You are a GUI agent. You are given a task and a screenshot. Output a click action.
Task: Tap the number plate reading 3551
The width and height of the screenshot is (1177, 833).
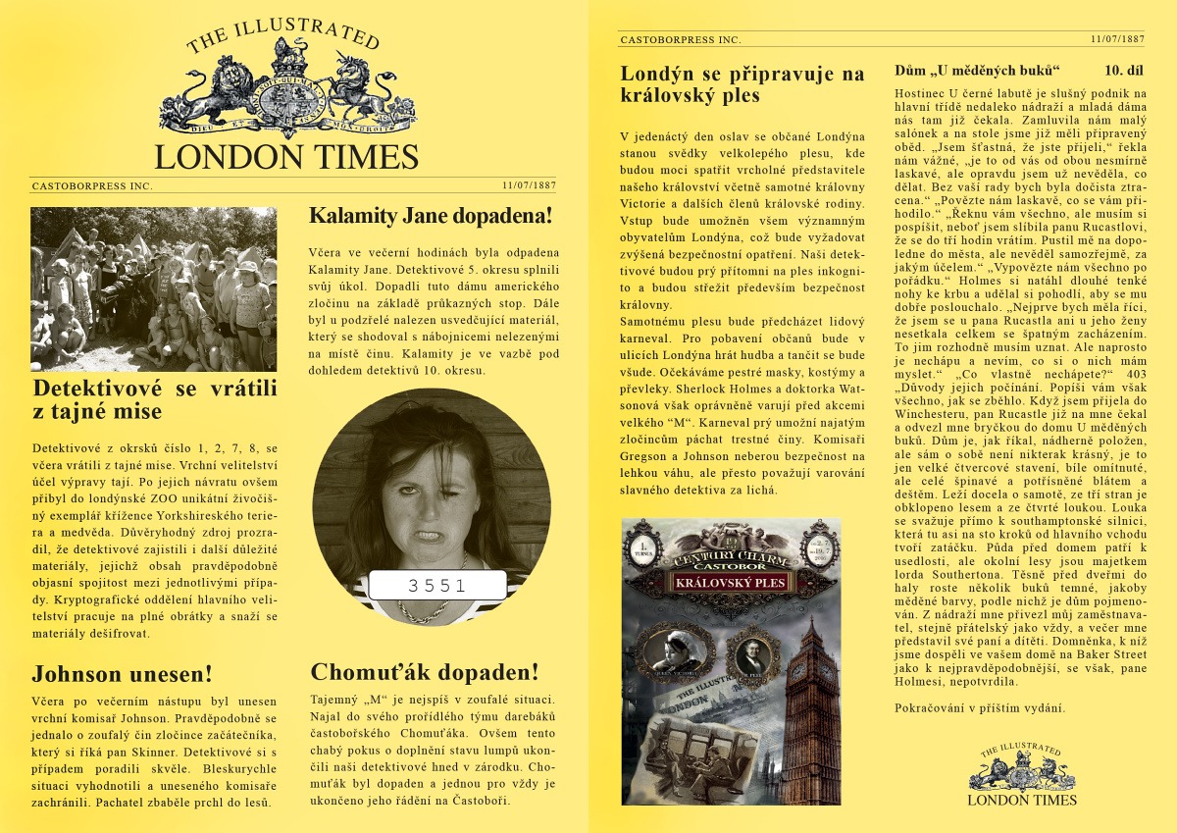pyautogui.click(x=438, y=585)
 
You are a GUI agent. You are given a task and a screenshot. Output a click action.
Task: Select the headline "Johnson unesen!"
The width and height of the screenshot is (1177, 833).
pyautogui.click(x=122, y=674)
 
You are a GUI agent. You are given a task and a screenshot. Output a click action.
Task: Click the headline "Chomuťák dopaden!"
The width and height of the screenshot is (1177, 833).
pyautogui.click(x=424, y=672)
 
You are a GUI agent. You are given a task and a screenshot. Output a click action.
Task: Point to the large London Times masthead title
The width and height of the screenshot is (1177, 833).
pyautogui.click(x=286, y=157)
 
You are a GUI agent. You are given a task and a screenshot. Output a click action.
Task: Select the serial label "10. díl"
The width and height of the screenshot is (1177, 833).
pyautogui.click(x=1123, y=71)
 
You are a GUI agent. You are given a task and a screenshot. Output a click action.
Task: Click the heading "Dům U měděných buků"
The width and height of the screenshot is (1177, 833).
pyautogui.click(x=978, y=71)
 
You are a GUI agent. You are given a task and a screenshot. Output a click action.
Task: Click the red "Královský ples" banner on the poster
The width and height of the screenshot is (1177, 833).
pyautogui.click(x=731, y=583)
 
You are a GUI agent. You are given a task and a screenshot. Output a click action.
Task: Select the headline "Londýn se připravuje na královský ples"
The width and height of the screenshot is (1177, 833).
pyautogui.click(x=742, y=84)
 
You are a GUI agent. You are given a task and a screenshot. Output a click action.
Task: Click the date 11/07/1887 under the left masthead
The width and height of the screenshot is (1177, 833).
pyautogui.click(x=530, y=184)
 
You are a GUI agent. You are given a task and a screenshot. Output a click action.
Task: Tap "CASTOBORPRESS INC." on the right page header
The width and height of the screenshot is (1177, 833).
pyautogui.click(x=680, y=40)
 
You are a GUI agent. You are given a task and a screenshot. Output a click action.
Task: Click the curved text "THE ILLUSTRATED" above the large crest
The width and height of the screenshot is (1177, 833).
pyautogui.click(x=282, y=35)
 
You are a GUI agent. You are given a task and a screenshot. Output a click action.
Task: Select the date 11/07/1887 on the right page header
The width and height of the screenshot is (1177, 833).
pyautogui.click(x=1117, y=39)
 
